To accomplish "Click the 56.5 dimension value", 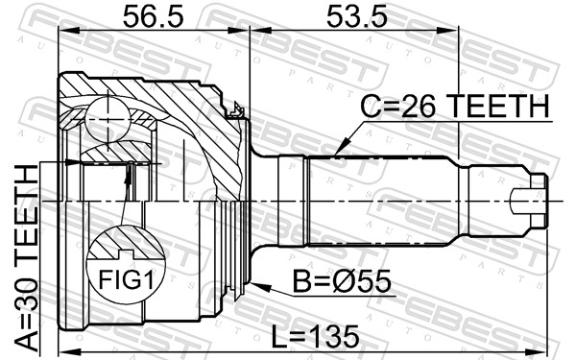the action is (153, 17).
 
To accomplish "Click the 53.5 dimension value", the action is (357, 17).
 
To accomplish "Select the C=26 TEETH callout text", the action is (454, 107).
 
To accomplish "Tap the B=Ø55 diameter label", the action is (341, 281).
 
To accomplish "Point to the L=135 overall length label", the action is (315, 337).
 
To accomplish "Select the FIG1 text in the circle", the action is (125, 278).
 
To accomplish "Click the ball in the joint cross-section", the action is (108, 119).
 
